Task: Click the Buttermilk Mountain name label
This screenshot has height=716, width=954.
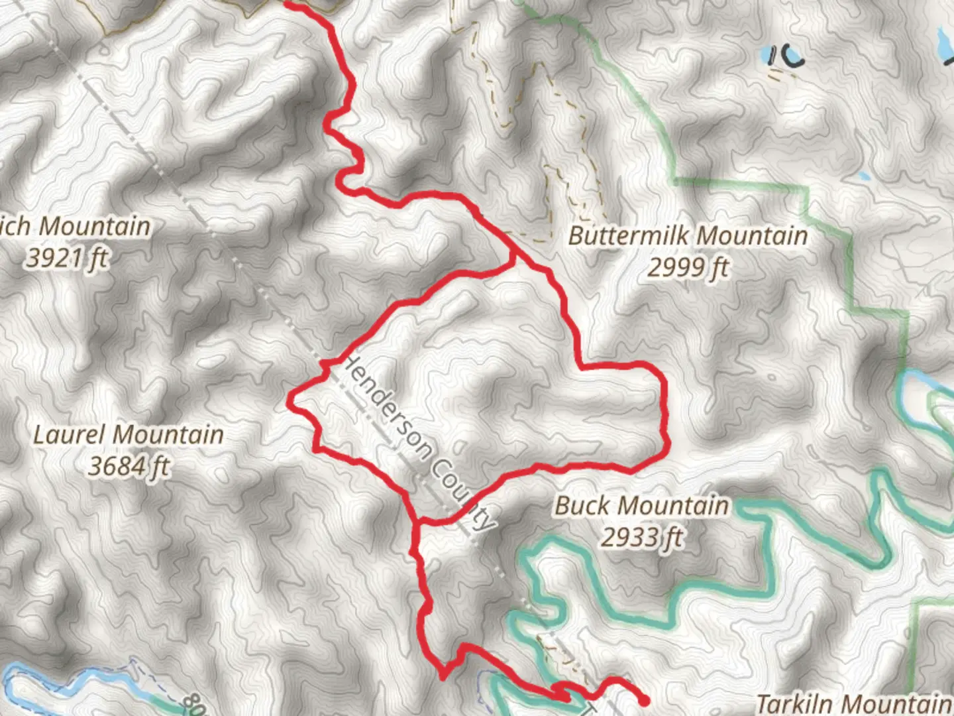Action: coord(688,236)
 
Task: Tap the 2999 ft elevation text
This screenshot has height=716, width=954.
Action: coord(688,268)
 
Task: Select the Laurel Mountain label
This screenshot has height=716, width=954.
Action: coord(129,436)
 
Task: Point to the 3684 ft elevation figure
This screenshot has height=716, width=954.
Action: coord(129,467)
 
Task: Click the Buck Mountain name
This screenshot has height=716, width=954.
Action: coord(641,506)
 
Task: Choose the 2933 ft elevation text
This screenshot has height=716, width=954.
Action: coord(641,537)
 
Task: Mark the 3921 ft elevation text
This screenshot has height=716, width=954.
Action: coord(66,258)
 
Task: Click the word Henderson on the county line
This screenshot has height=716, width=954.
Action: coord(391,405)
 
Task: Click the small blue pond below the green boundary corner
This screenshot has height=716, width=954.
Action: coord(862,177)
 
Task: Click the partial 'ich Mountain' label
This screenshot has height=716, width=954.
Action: coord(76,227)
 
